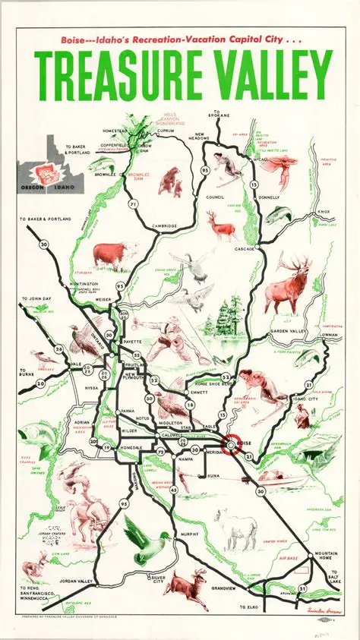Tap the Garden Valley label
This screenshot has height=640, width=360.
pos(288,332)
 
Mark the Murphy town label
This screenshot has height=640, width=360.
pos(189,534)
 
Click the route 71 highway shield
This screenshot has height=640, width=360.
pos(134,204)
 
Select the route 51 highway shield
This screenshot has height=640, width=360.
pos(302,588)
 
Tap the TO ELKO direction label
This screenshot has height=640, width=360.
pos(249,607)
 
